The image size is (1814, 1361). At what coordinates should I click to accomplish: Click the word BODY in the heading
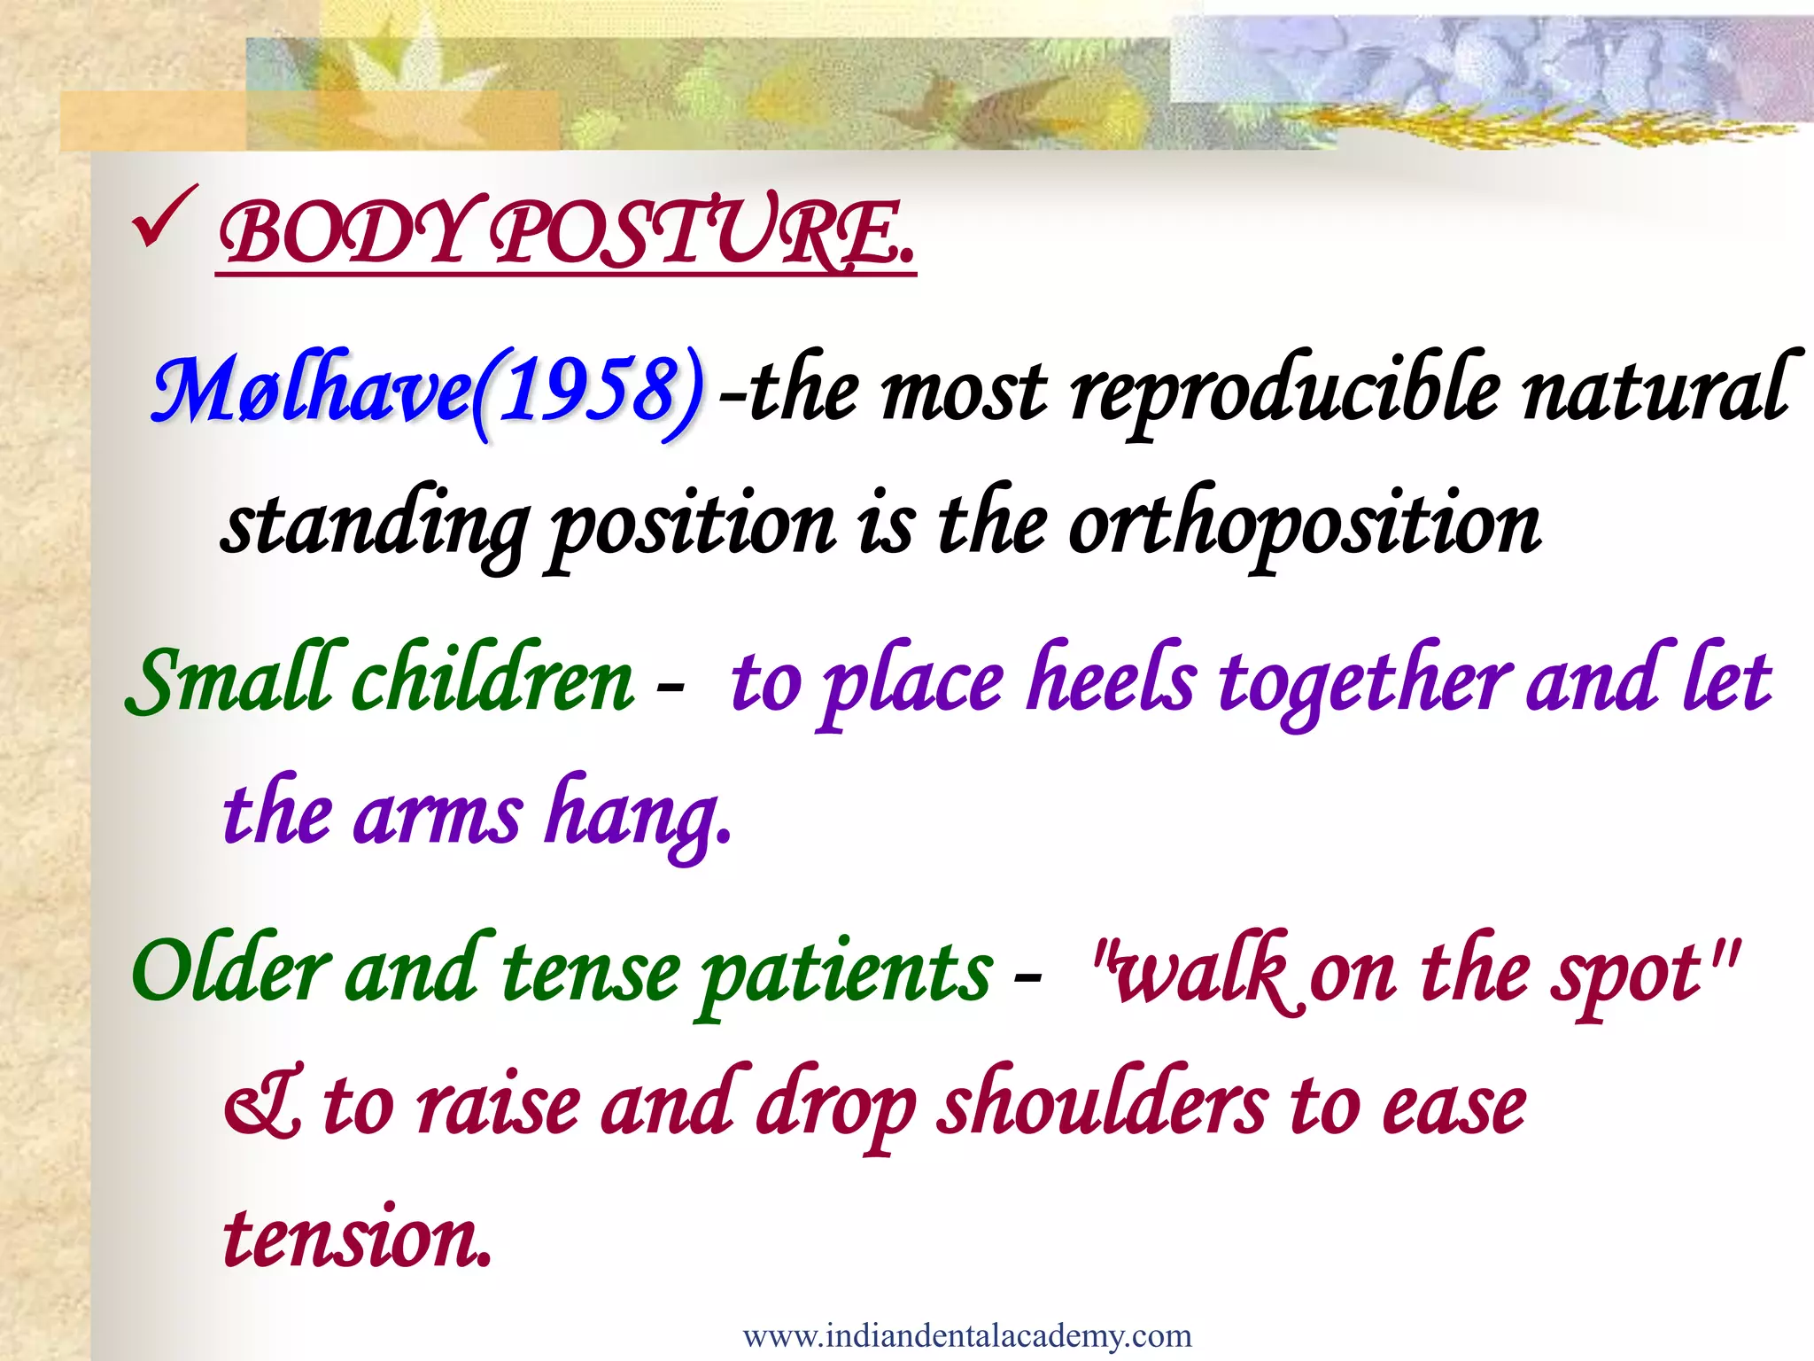[x=341, y=235]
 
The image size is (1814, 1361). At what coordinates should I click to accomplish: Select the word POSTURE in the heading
[x=700, y=235]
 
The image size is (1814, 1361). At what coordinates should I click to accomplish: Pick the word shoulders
[x=1102, y=1108]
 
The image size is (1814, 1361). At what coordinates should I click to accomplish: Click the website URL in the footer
[x=967, y=1335]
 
